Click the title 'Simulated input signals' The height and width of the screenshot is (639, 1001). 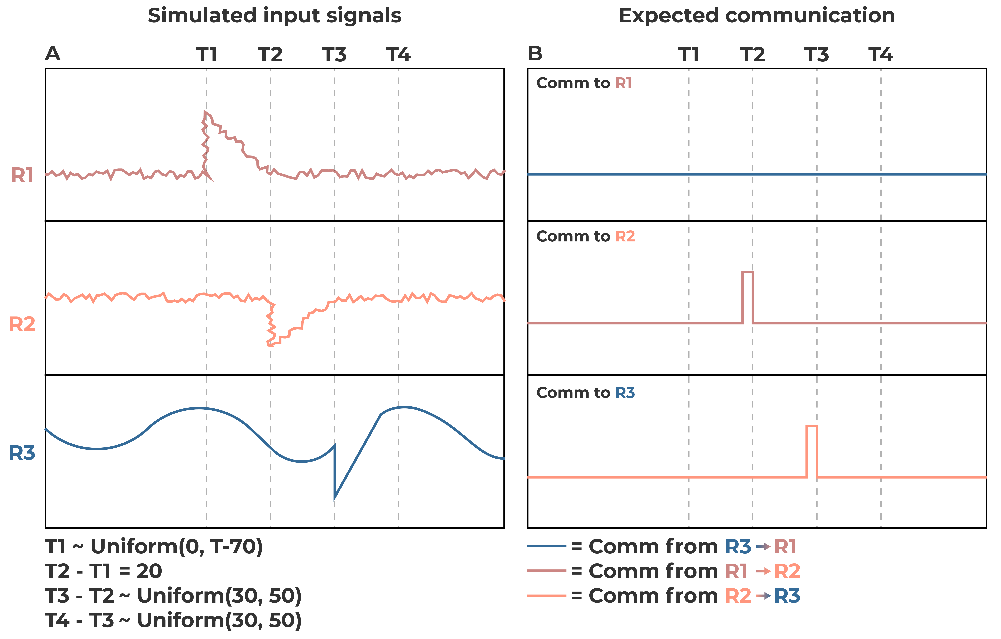click(x=274, y=16)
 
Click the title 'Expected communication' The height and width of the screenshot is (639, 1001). click(x=757, y=16)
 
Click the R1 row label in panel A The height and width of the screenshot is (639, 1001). click(x=22, y=175)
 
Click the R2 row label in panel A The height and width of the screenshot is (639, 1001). click(x=22, y=324)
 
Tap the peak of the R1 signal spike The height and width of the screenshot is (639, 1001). click(x=205, y=112)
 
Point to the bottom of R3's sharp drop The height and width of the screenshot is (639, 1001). click(x=335, y=497)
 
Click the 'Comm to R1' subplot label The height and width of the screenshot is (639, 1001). click(x=584, y=83)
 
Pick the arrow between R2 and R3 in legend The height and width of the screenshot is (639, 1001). click(x=763, y=596)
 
